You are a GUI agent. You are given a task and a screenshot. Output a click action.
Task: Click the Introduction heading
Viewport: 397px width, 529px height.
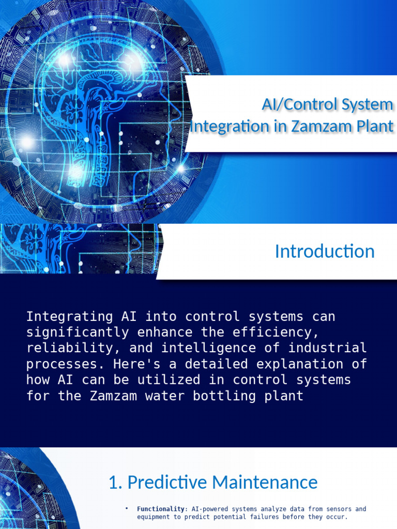pyautogui.click(x=325, y=252)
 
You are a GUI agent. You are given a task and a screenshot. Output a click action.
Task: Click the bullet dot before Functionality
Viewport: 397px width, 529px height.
pyautogui.click(x=127, y=509)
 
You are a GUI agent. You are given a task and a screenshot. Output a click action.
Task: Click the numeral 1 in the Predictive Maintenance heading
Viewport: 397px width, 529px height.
pyautogui.click(x=113, y=483)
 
